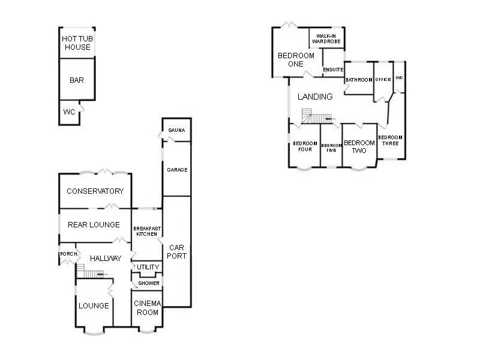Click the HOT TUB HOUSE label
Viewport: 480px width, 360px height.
click(77, 43)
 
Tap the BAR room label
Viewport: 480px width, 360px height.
click(76, 80)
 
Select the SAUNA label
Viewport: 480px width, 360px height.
click(176, 130)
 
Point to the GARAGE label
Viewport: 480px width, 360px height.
click(177, 170)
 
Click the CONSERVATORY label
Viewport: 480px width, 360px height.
click(95, 191)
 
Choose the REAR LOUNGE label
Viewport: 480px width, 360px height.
click(94, 225)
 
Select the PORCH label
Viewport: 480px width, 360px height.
click(67, 254)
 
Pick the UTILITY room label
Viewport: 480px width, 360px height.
click(147, 267)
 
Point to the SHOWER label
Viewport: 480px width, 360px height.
click(149, 283)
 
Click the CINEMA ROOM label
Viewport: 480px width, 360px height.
click(146, 308)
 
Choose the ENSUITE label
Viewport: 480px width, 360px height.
click(332, 70)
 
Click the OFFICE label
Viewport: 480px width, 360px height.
click(383, 79)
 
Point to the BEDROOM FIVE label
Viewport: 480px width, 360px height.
click(331, 148)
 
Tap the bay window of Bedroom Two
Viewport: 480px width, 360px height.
click(359, 170)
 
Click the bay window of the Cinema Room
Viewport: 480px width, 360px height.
click(146, 329)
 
